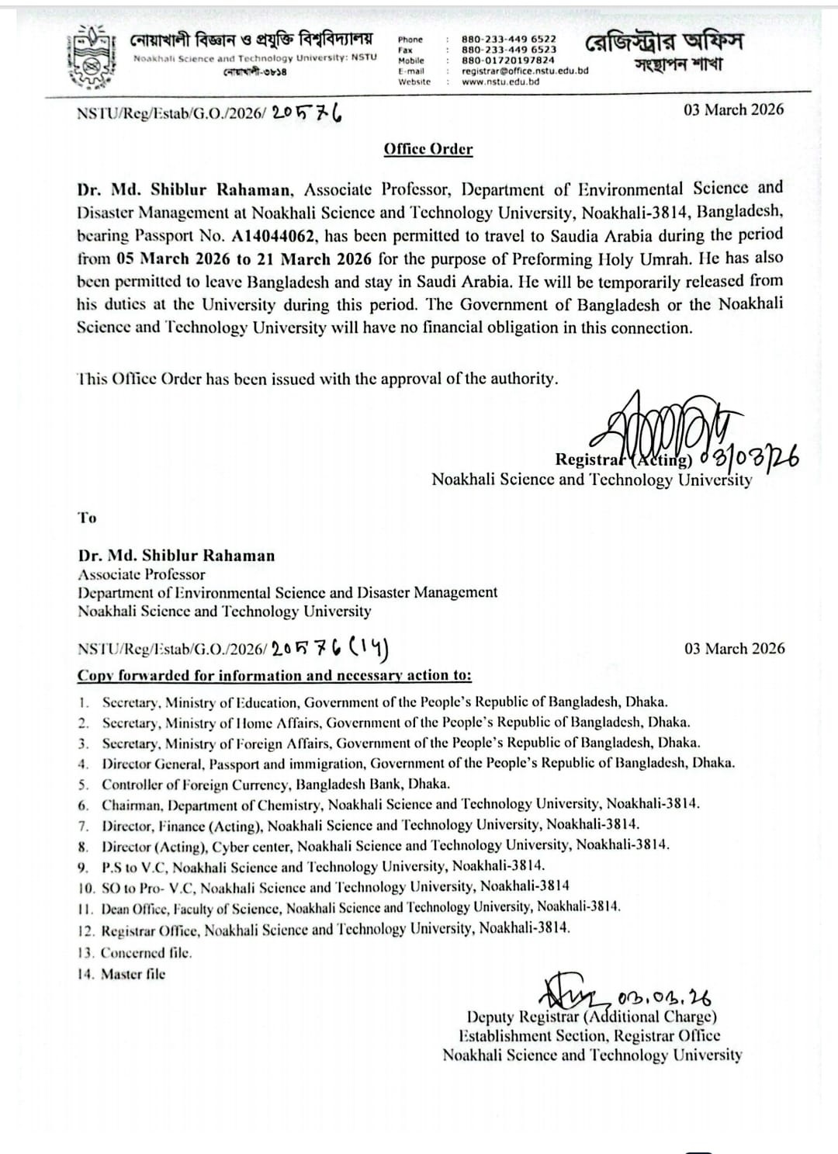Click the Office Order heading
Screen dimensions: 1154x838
click(x=428, y=149)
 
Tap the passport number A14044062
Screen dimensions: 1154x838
click(x=275, y=236)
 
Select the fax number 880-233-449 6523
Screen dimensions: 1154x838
click(x=508, y=50)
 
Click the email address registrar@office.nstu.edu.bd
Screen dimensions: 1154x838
click(x=525, y=71)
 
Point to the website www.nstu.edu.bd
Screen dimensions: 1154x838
click(x=500, y=81)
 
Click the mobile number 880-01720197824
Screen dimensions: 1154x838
click(x=507, y=60)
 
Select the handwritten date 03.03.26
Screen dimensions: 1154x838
click(x=665, y=996)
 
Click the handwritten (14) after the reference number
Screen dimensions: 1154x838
click(x=371, y=648)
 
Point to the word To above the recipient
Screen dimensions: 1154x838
click(x=87, y=518)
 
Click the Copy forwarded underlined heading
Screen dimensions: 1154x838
click(x=274, y=675)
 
